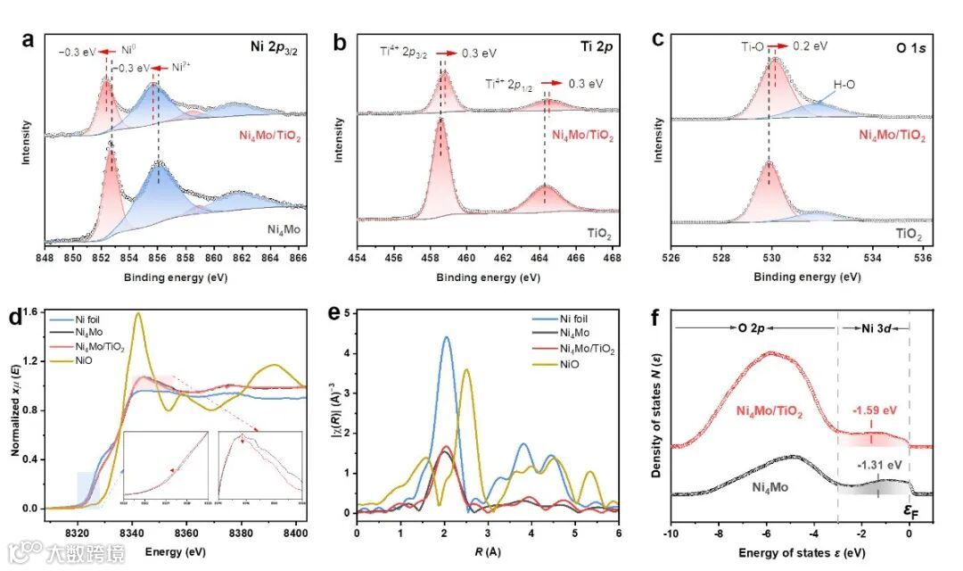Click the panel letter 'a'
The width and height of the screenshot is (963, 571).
(29, 40)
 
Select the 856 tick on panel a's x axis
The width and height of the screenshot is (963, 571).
(158, 259)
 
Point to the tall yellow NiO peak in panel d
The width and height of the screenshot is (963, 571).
(138, 314)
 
